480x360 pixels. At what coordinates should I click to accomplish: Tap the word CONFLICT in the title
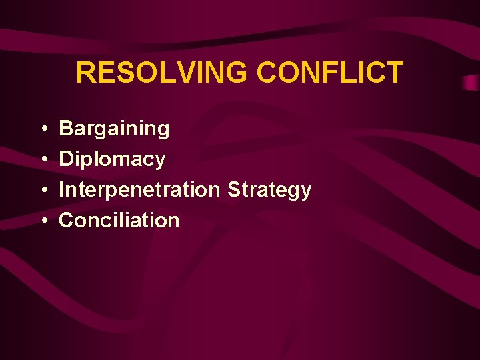click(330, 73)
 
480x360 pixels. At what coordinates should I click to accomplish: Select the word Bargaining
click(114, 129)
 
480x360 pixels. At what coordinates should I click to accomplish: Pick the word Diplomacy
click(112, 159)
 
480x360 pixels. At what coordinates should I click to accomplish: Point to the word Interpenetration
click(139, 190)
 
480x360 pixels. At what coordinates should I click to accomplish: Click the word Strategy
click(269, 190)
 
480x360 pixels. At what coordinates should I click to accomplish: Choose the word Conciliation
click(119, 220)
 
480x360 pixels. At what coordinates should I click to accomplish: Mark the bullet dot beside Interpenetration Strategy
click(42, 191)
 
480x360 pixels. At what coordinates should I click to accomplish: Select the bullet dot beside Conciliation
click(42, 221)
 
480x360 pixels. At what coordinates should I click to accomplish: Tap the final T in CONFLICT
click(395, 73)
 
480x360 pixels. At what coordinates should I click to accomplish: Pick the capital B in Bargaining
click(66, 128)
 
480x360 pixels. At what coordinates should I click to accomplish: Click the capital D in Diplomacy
click(66, 159)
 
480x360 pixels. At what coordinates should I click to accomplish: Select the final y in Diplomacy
click(160, 161)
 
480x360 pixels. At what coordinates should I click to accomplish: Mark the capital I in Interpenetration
click(62, 189)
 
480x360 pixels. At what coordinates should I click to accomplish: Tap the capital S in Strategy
click(234, 189)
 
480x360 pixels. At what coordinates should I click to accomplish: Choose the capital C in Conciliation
click(67, 220)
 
